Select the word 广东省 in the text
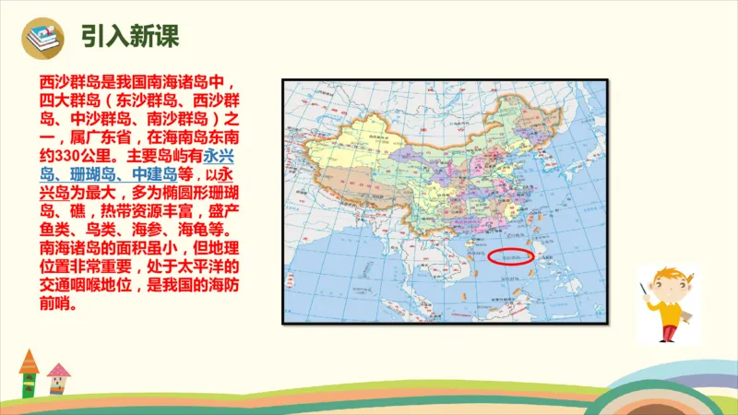coord(96,137)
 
